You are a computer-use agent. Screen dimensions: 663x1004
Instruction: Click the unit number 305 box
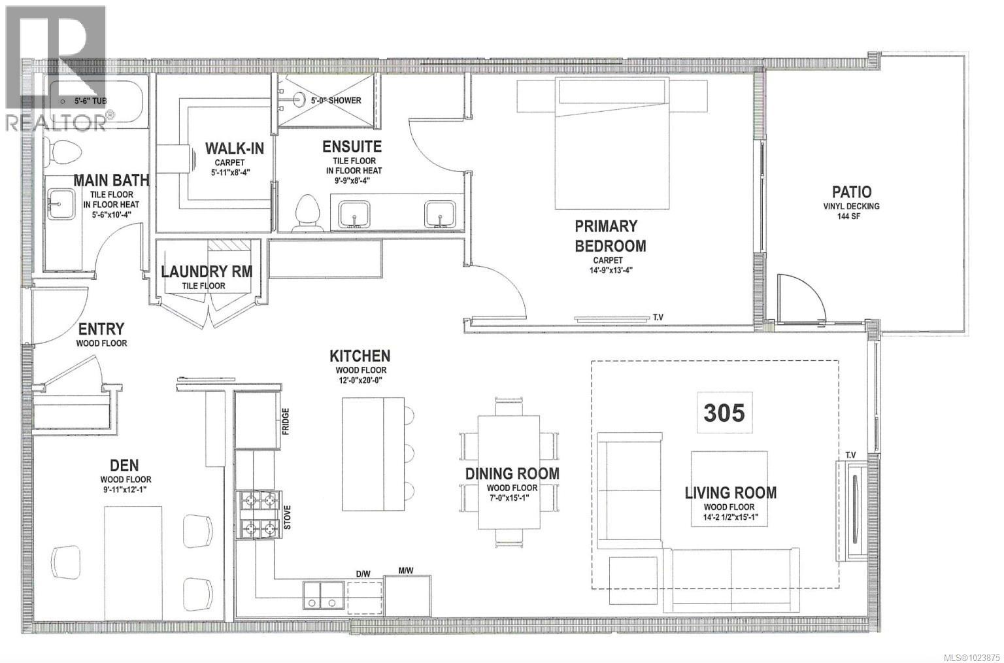click(x=724, y=413)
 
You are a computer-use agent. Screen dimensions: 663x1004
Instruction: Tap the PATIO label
click(x=851, y=192)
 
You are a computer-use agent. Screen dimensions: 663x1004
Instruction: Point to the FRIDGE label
click(x=286, y=421)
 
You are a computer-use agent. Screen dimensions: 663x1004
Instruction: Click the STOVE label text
click(x=286, y=518)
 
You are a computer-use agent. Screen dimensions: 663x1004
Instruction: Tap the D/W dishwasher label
click(x=363, y=573)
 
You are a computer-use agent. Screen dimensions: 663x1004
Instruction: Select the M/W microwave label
click(x=406, y=571)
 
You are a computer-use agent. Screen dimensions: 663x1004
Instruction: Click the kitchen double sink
click(x=323, y=596)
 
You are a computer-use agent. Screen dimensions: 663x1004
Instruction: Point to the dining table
click(x=509, y=473)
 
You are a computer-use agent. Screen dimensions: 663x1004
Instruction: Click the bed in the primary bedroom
click(x=612, y=144)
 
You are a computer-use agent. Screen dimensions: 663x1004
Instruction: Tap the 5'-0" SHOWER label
click(x=336, y=101)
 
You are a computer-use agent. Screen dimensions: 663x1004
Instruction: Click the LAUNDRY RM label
click(x=207, y=271)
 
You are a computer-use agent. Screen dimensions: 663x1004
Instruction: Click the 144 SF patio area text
click(x=851, y=216)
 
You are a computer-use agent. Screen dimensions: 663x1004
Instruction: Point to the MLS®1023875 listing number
click(x=962, y=655)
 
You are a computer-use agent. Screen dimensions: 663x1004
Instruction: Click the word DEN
click(x=124, y=465)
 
